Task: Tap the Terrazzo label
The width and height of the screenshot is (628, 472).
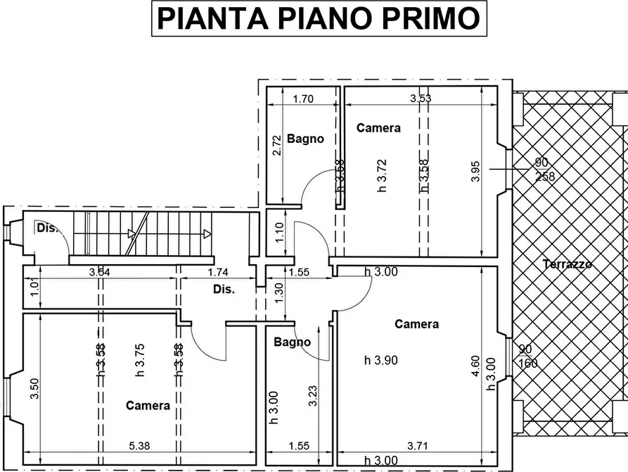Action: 567,264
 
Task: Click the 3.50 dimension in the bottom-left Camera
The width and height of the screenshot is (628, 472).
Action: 34,388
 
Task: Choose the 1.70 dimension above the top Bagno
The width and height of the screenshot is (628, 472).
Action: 302,99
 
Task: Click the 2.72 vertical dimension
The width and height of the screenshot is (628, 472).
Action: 277,144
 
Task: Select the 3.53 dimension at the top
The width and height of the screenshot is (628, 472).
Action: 421,99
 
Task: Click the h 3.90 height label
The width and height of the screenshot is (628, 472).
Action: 381,360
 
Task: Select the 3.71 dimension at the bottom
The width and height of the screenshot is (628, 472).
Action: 421,446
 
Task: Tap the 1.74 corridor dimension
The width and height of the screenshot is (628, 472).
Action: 219,272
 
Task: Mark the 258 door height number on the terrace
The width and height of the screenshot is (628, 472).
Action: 545,177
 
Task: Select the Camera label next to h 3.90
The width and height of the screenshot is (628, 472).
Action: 416,324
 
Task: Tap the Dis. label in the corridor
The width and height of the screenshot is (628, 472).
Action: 224,289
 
